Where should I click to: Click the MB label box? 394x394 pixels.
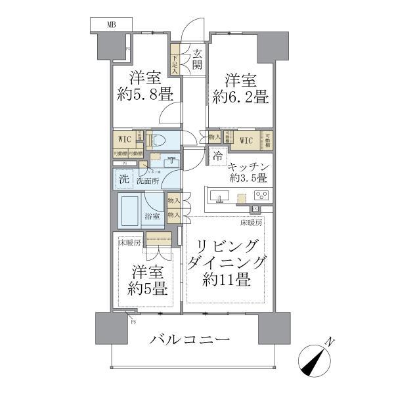point(111,24)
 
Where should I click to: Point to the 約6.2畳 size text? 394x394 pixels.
point(240,98)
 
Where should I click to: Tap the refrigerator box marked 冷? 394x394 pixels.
point(217,157)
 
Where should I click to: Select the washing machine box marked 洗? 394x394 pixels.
point(123,179)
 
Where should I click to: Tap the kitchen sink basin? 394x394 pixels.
point(219,195)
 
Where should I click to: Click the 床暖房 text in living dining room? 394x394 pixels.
point(251,223)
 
